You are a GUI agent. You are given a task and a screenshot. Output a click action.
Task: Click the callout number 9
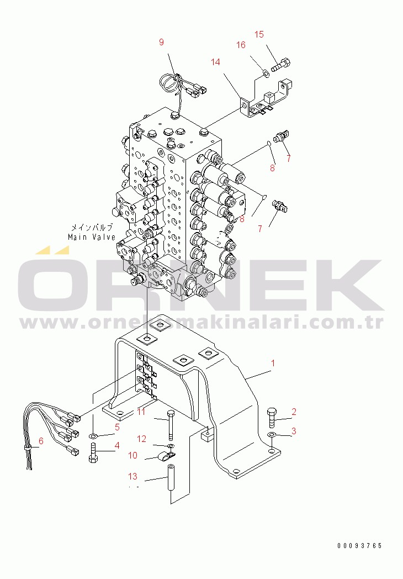[161, 42]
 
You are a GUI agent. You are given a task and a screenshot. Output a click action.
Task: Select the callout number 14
[215, 62]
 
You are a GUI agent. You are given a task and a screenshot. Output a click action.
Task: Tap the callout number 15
[259, 34]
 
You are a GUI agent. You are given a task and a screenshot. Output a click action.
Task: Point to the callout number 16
[241, 45]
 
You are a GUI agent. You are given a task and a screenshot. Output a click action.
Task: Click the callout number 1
[272, 363]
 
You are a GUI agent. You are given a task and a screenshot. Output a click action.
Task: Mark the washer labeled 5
[93, 436]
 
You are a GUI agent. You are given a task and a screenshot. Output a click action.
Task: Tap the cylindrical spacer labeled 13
[171, 477]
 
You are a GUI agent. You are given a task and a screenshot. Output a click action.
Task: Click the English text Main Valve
[92, 237]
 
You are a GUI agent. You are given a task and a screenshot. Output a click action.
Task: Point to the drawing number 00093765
[359, 546]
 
